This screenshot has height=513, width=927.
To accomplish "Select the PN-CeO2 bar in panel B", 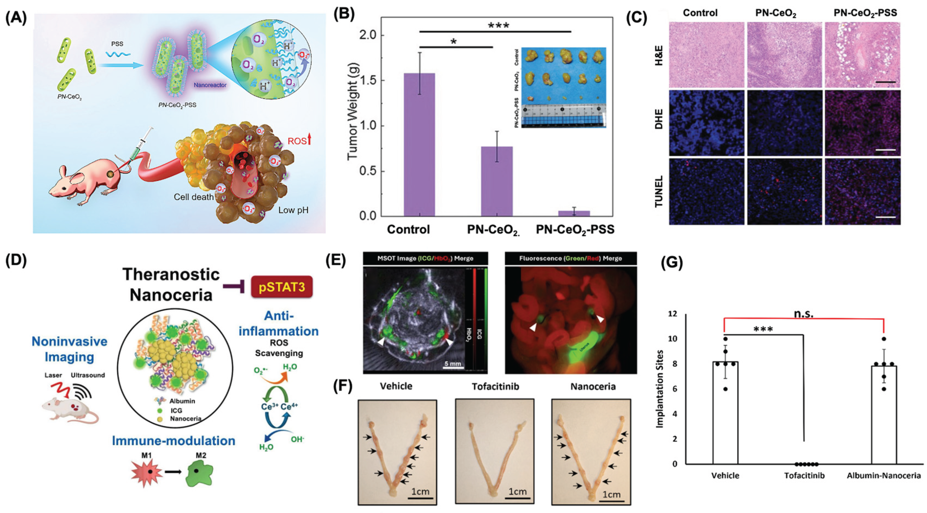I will (x=497, y=181).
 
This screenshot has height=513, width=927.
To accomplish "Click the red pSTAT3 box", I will (x=282, y=286).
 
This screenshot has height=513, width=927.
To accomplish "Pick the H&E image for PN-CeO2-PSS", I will (x=862, y=55).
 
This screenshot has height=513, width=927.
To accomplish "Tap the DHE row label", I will (x=658, y=123).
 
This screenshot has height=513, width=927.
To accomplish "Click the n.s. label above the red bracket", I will (x=804, y=314).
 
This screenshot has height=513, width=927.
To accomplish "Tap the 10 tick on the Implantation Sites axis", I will (x=672, y=339).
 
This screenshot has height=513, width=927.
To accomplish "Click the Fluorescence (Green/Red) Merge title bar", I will (x=571, y=258).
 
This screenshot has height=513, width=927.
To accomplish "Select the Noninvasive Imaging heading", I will (x=69, y=349).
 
